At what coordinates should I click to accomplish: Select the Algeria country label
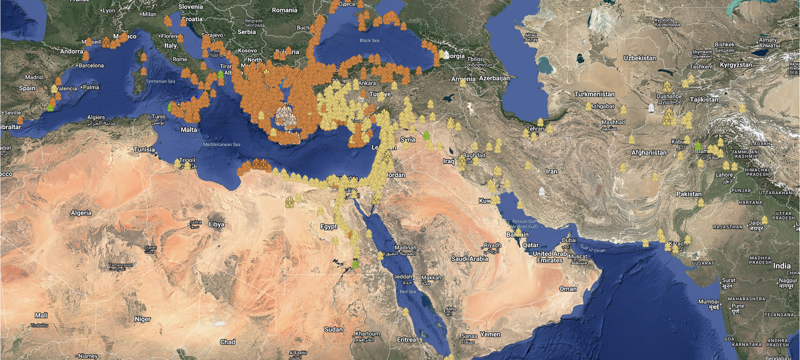click(81, 213)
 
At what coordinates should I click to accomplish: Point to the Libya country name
click(216, 224)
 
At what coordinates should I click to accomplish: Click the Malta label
click(188, 130)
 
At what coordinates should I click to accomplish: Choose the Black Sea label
click(369, 40)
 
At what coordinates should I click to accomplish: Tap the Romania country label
click(284, 10)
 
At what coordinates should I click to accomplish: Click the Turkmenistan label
click(594, 94)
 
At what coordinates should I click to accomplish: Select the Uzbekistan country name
click(640, 58)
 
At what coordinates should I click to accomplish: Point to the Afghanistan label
click(649, 152)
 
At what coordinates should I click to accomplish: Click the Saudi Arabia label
click(470, 259)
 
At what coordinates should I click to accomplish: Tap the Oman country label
click(568, 289)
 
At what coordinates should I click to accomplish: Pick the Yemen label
click(490, 334)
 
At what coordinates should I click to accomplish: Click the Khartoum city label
click(368, 334)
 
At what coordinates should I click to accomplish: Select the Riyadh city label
click(492, 245)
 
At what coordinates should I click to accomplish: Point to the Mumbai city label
click(708, 302)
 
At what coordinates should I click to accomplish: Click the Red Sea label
click(408, 292)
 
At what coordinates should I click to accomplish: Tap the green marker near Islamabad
click(698, 146)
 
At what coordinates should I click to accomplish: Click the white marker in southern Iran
click(542, 192)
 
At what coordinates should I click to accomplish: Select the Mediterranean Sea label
click(222, 144)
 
